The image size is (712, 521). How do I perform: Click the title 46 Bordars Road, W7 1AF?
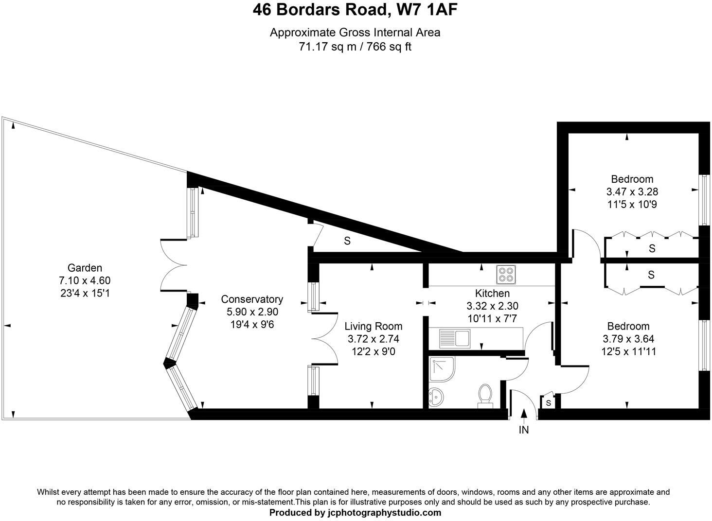click(355, 10)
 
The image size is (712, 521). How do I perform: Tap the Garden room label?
click(85, 268)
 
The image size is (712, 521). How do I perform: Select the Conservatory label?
click(252, 299)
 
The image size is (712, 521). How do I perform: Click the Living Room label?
click(373, 326)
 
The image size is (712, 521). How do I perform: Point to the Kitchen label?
click(492, 294)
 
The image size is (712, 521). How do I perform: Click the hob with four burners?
click(506, 275)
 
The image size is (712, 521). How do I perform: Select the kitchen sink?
click(454, 337)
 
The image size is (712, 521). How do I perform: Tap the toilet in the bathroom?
click(485, 394)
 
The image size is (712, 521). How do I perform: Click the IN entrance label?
click(524, 430)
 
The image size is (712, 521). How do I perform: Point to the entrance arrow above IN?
click(524, 414)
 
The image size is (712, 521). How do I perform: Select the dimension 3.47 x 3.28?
click(632, 191)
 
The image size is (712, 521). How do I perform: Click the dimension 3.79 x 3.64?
click(628, 339)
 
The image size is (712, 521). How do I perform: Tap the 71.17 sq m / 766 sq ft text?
click(355, 47)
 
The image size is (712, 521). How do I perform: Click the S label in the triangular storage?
click(347, 241)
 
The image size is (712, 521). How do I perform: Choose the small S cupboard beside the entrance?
click(548, 402)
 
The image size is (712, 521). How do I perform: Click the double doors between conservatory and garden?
click(173, 265)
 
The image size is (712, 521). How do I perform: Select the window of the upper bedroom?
click(703, 200)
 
